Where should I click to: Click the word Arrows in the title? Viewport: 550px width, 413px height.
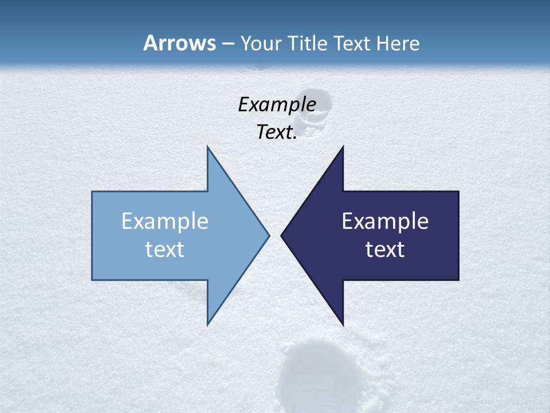coord(179,43)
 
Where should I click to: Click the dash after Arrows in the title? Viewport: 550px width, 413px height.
coord(227,44)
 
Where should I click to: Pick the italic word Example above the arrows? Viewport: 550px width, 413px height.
coord(277,104)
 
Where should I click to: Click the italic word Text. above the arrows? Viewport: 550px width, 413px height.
coord(277,133)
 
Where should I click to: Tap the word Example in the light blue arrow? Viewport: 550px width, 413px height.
coord(165,221)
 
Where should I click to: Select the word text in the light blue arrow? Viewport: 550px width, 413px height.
coord(165,250)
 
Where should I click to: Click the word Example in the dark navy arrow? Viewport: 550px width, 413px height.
coord(385,221)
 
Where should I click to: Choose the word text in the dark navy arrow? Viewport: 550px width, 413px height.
coord(385,250)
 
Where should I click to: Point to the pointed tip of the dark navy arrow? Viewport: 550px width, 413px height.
coord(282,235)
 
